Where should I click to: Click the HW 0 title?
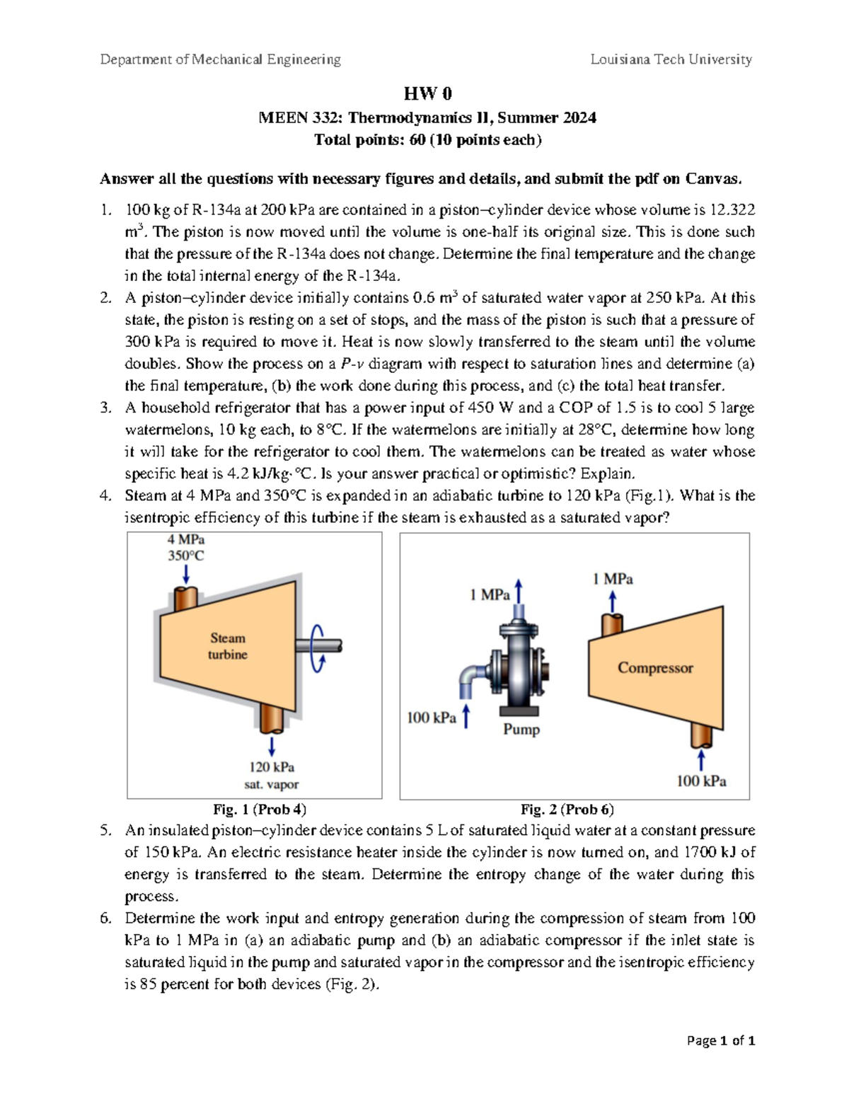[427, 93]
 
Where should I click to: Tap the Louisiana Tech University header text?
[671, 59]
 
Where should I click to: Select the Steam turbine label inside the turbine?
[227, 646]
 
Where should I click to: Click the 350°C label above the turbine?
[185, 556]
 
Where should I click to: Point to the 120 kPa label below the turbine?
[271, 767]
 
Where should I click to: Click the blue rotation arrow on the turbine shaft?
[318, 648]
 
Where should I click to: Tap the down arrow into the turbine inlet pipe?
[185, 573]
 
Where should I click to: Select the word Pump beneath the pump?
[521, 729]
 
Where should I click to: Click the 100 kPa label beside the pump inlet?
[432, 718]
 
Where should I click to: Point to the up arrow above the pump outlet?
[519, 591]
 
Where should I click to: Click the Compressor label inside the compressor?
[655, 667]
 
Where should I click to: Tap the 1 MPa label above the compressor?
[613, 579]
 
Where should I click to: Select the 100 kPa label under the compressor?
[701, 781]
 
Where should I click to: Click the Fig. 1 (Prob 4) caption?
[260, 810]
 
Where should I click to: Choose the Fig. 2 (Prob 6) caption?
[567, 810]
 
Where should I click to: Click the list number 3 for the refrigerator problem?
[105, 408]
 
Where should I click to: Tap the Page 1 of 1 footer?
[721, 1040]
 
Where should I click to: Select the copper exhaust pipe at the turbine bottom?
[271, 719]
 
